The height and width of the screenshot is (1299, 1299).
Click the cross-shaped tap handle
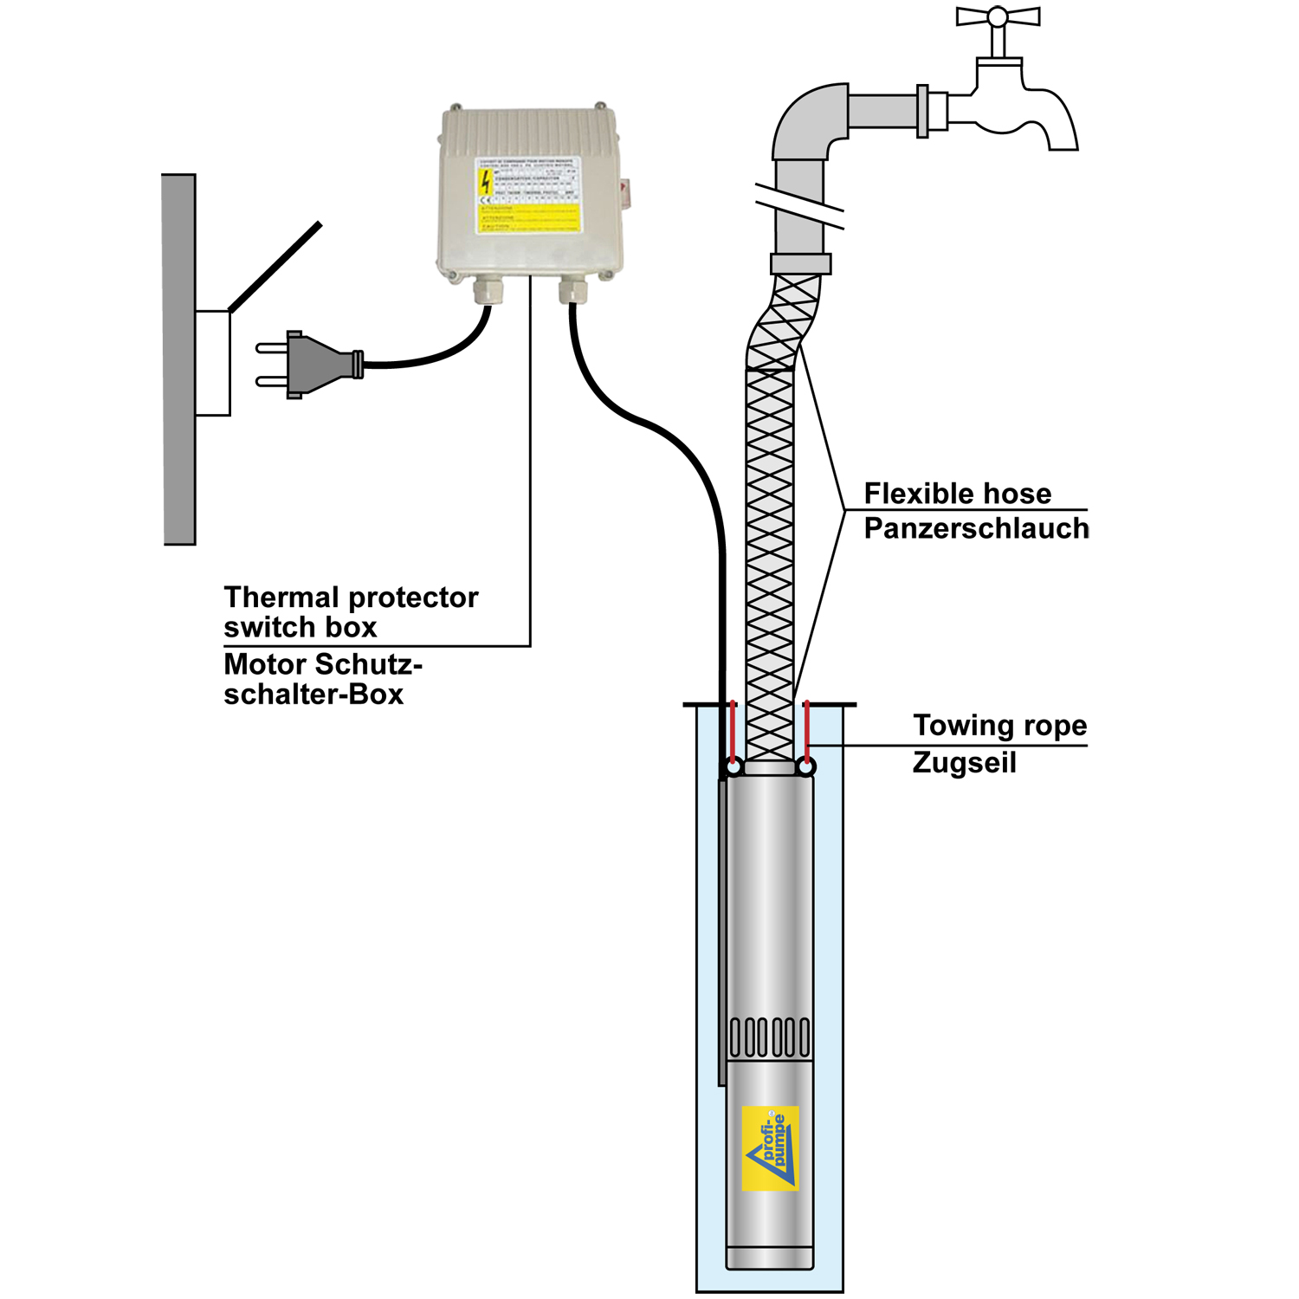click(x=998, y=17)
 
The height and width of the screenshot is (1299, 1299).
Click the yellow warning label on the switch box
click(x=528, y=196)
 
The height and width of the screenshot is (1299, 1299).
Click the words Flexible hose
click(x=958, y=494)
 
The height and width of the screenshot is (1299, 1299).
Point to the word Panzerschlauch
click(x=976, y=528)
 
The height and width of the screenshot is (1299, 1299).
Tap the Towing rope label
click(x=999, y=726)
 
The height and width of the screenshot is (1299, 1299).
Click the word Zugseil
click(x=964, y=763)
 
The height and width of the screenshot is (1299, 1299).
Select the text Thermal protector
click(x=351, y=598)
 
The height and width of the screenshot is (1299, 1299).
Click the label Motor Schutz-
click(x=322, y=664)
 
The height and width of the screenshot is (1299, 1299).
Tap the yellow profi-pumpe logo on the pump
click(x=771, y=1147)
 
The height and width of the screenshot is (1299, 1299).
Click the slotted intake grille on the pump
click(x=770, y=1037)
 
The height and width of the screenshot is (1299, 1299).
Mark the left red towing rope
click(x=733, y=732)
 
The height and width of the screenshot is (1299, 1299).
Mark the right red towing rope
click(x=806, y=732)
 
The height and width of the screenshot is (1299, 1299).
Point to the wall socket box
click(x=212, y=364)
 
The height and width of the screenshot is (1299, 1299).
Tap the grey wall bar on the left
click(x=179, y=359)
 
